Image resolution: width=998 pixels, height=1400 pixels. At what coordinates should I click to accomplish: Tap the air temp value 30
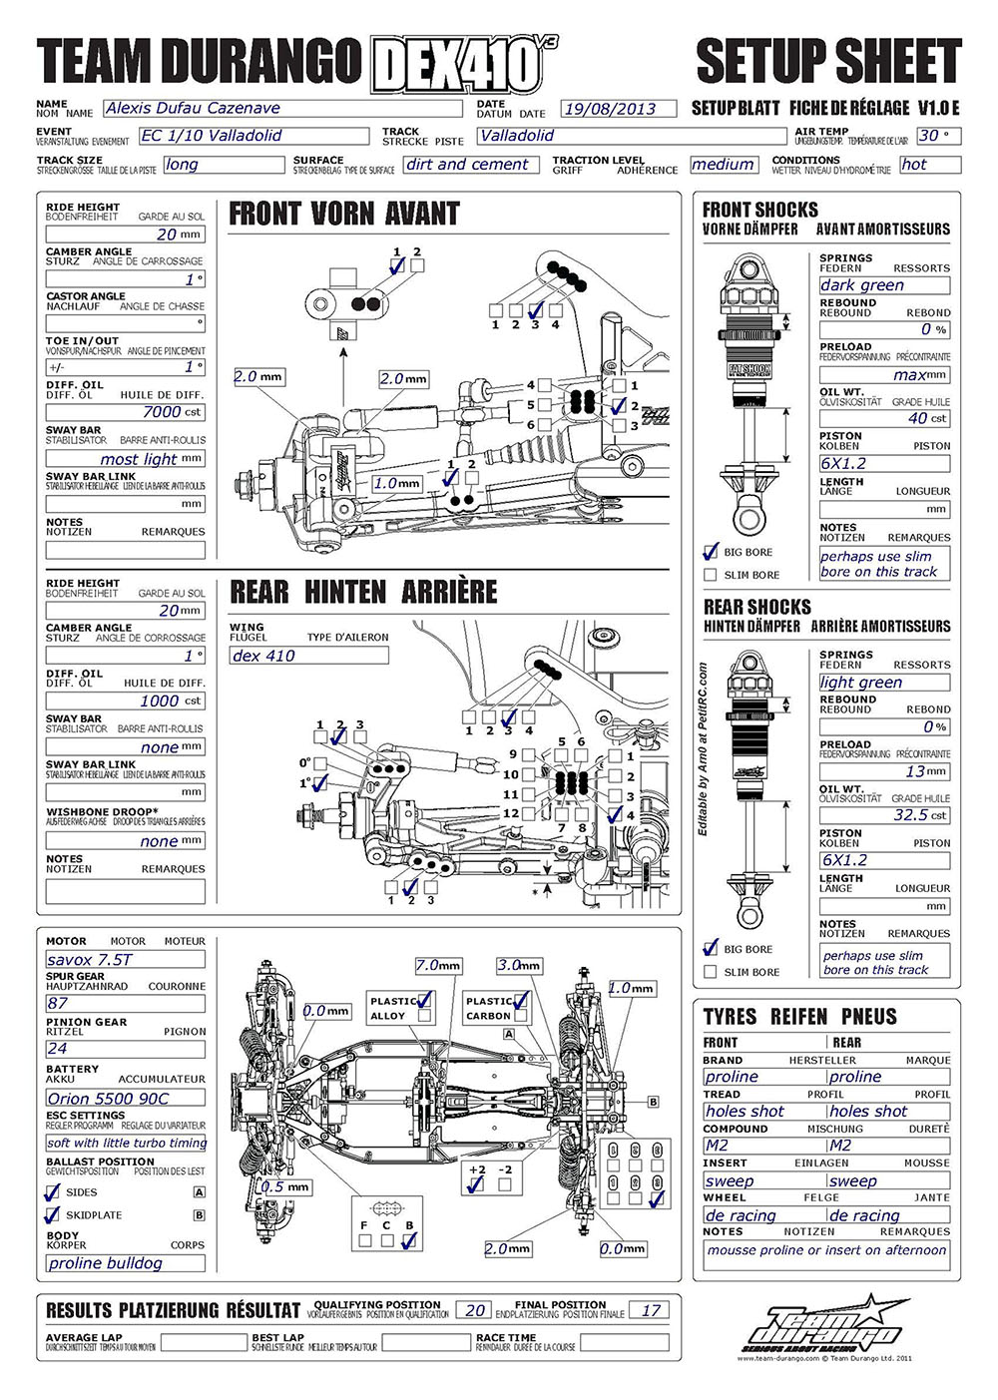point(938,136)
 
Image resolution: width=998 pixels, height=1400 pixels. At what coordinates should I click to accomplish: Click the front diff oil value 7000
point(125,411)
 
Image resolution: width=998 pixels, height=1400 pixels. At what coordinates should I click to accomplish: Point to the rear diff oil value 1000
point(125,700)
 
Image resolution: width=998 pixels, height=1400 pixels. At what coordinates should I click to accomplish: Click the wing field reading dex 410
point(308,656)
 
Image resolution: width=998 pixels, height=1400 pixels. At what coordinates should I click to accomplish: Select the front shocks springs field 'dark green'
point(883,285)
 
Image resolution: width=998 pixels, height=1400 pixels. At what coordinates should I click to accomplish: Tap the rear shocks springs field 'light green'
point(883,683)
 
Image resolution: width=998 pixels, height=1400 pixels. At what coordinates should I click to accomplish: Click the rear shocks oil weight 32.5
point(883,815)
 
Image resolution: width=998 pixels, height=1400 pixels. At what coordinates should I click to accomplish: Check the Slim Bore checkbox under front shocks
point(711,575)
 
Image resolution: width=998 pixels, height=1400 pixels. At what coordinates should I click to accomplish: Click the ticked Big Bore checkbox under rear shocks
point(711,948)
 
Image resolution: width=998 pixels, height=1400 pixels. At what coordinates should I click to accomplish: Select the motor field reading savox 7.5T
point(125,959)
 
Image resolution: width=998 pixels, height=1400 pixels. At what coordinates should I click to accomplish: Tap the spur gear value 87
point(125,1003)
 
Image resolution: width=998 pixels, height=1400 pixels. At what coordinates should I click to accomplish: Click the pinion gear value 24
point(125,1049)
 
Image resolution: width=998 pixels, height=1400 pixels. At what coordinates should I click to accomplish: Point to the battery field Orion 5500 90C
point(125,1098)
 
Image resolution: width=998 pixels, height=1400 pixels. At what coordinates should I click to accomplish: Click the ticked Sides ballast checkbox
point(53,1191)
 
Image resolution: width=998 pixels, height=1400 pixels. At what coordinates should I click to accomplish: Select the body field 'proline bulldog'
point(125,1263)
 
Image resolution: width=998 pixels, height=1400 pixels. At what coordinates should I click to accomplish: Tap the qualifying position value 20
point(476,1310)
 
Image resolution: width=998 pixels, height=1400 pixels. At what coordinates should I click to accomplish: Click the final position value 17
point(650,1310)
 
